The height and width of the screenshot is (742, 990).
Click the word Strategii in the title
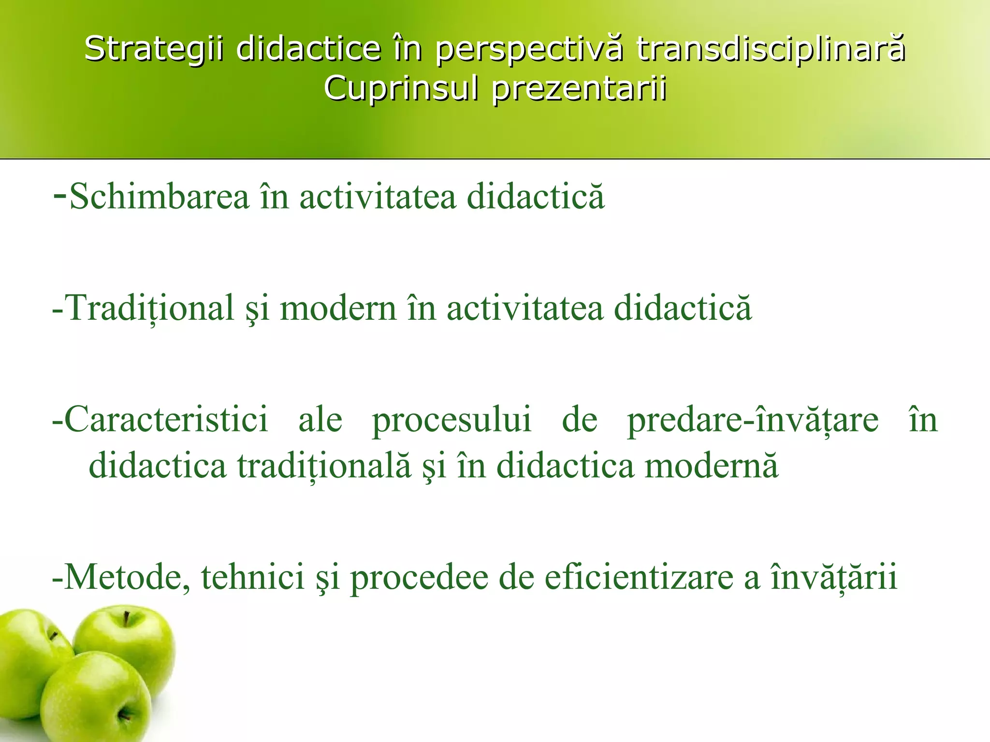pos(154,49)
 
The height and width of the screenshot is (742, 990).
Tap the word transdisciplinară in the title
pos(771,49)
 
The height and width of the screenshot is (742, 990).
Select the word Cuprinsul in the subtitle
pos(401,89)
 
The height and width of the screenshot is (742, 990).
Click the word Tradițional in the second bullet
pos(149,308)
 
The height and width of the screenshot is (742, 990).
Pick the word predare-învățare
pos(753,419)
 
